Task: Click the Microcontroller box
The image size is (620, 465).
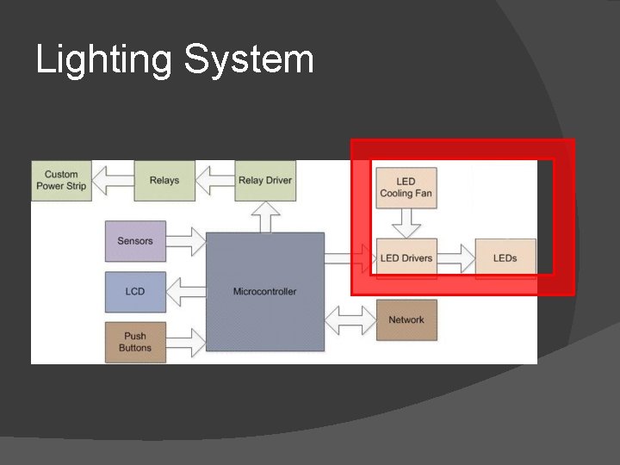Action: pos(265,291)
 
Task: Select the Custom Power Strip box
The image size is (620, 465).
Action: pos(62,180)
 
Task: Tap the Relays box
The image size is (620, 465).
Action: pos(164,180)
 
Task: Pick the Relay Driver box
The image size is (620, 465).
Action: pos(265,180)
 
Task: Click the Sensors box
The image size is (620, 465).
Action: pos(135,241)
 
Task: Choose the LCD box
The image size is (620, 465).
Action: pos(135,291)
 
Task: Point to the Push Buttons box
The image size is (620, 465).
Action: pos(135,342)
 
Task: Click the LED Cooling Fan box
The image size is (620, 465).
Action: pos(406,188)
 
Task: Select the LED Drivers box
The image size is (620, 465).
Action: pos(406,257)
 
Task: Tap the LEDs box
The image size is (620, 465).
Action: pos(505,257)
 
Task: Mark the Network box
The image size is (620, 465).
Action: pos(406,319)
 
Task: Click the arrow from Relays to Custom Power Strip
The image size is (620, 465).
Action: pos(113,180)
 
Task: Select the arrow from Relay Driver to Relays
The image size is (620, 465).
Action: pos(215,180)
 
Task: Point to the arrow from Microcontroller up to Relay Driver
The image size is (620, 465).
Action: pos(265,217)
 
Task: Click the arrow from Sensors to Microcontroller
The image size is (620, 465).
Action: pos(186,241)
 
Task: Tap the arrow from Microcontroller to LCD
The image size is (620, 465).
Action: pos(185,291)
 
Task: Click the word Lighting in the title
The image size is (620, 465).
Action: pos(104,61)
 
